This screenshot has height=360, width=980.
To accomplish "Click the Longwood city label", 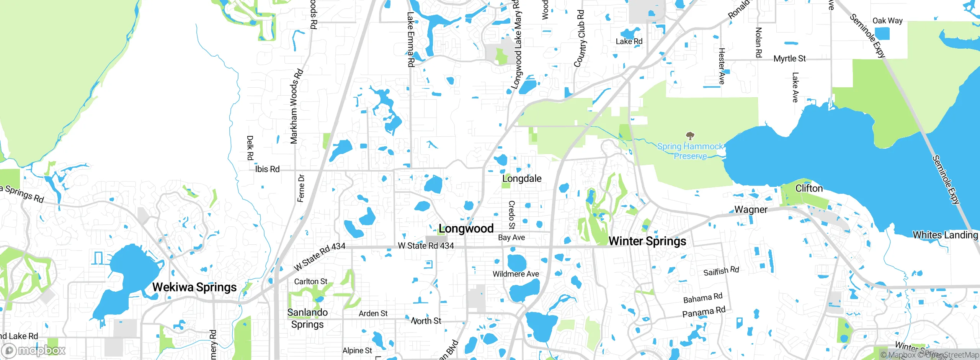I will pos(466,229).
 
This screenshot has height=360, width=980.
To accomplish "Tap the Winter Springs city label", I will pos(647,241).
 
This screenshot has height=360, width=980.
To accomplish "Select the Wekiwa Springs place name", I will pos(194,287).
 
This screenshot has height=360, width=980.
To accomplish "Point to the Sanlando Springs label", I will pos(307,318).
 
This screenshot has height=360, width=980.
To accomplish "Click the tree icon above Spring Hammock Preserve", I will pos(690,136).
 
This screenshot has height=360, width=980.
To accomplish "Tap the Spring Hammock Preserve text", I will pos(690,151).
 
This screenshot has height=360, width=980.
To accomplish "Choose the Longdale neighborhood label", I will pos(522,178).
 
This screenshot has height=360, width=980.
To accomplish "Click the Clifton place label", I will pos(809,188).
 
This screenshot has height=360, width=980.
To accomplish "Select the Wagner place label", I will pos(751,209).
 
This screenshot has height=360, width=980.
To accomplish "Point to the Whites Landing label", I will pos(945,235).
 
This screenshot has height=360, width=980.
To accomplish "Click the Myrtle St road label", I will pos(789,59).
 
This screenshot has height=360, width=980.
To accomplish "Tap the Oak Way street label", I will pos(887,21).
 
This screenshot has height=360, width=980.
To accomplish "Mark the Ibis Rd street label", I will pos(267,169).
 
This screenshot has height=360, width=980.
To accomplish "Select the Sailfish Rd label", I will pos(721,271).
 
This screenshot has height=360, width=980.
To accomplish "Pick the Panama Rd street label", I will pos(704,312).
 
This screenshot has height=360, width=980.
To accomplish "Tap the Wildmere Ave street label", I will pos(516,274).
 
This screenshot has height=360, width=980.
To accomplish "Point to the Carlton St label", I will pos(310,281).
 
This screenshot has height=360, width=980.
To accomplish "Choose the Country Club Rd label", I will pos(580,38).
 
